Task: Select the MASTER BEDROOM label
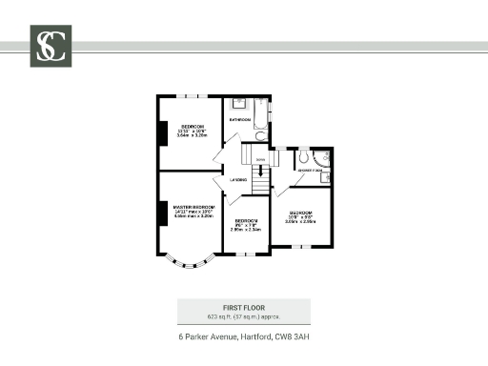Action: pyautogui.click(x=193, y=207)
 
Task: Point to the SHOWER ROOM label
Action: pyautogui.click(x=308, y=170)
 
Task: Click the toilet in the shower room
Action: pyautogui.click(x=303, y=154)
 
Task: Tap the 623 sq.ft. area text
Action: pyautogui.click(x=243, y=316)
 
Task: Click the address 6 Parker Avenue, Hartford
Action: pyautogui.click(x=243, y=337)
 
